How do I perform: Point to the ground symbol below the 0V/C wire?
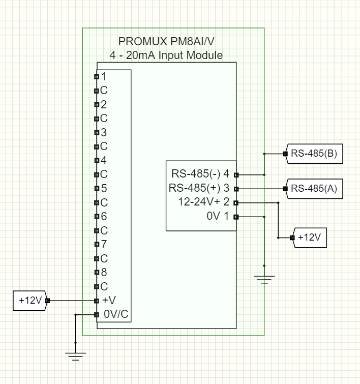click(x=76, y=355)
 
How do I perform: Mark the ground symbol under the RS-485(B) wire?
click(x=264, y=279)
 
